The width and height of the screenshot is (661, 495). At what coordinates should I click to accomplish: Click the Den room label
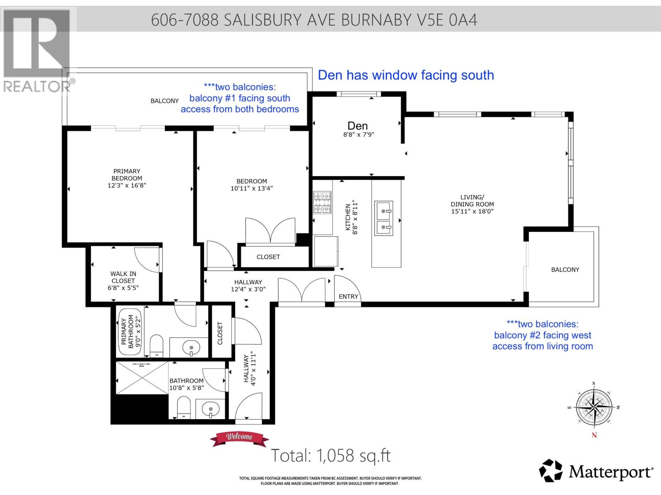click(357, 126)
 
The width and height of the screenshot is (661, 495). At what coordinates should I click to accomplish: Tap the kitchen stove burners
click(322, 203)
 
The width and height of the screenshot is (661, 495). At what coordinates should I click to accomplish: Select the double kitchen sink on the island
click(383, 219)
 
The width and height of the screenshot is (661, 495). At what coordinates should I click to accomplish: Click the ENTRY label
click(348, 297)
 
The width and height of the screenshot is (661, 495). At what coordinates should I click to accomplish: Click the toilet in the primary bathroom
click(156, 345)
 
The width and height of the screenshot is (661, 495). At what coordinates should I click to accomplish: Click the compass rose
click(594, 408)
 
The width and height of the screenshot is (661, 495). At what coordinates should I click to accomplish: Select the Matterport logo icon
click(551, 470)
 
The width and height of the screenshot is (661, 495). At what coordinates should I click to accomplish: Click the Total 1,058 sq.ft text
click(330, 456)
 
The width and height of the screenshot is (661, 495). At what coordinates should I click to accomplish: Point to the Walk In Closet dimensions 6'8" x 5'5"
click(123, 288)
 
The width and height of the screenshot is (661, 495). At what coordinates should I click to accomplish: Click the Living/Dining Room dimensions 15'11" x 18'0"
click(472, 211)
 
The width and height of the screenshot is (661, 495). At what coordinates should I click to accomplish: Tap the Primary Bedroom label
click(127, 174)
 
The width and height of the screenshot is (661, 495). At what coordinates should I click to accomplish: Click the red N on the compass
click(594, 435)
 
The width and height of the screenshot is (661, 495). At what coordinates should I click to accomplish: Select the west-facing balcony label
click(565, 269)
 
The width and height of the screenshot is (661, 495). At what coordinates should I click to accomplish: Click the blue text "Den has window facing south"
click(406, 75)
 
